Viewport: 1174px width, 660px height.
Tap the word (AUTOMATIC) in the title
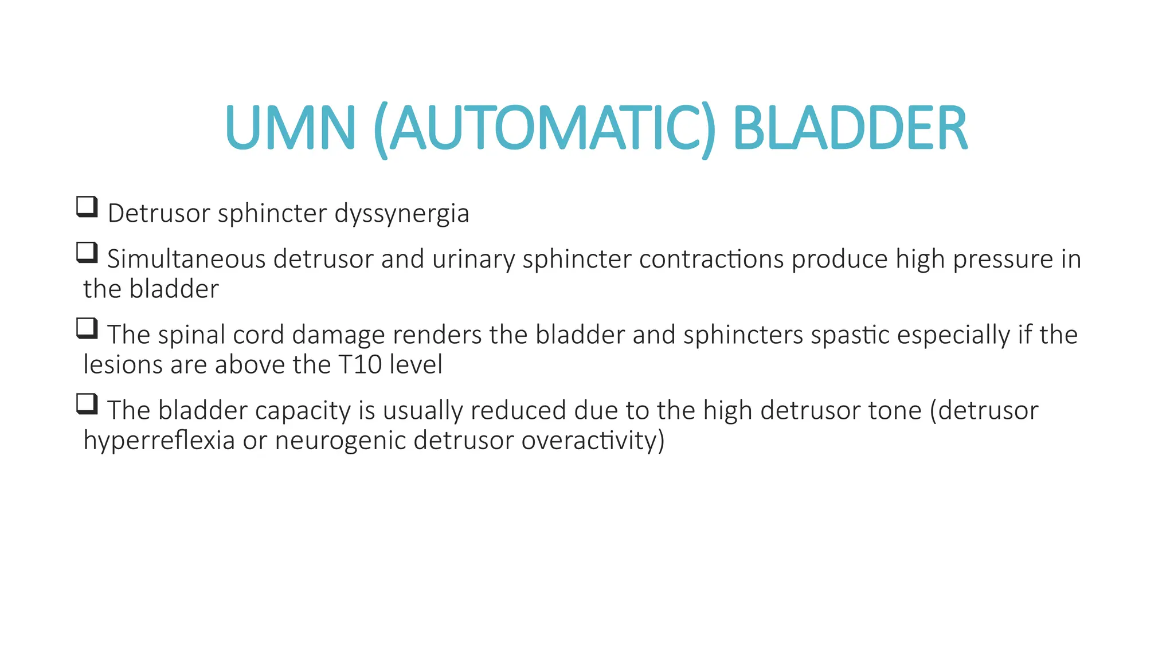pyautogui.click(x=544, y=129)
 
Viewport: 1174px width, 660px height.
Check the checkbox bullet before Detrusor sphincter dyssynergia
pyautogui.click(x=87, y=207)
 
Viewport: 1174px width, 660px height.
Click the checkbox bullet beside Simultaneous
pyautogui.click(x=87, y=253)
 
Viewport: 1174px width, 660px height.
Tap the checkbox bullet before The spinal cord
pyautogui.click(x=87, y=328)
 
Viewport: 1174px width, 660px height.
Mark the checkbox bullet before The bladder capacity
pyautogui.click(x=87, y=404)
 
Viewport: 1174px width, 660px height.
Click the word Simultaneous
pyautogui.click(x=186, y=259)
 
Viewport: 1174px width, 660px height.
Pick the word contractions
pyautogui.click(x=711, y=259)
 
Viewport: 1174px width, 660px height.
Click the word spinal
pyautogui.click(x=191, y=336)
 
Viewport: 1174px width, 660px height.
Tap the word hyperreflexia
pyautogui.click(x=159, y=441)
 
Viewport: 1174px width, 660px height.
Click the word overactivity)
pyautogui.click(x=593, y=441)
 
